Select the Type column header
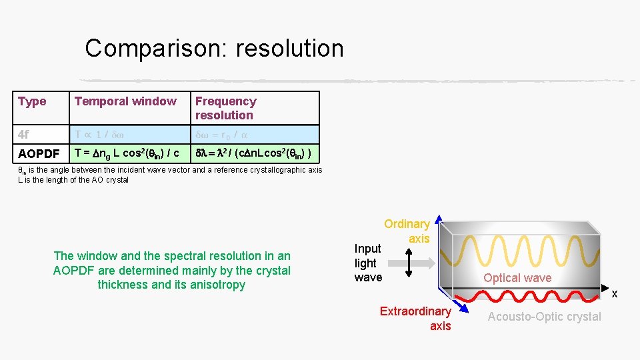tap(32, 101)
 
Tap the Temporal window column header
tap(125, 101)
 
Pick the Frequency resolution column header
tap(225, 108)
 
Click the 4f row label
tap(24, 134)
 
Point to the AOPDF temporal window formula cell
tap(127, 153)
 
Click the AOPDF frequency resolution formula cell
tap(252, 153)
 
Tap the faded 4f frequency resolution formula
tap(221, 134)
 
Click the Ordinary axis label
tap(407, 231)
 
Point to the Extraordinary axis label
tap(416, 318)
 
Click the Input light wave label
tap(368, 263)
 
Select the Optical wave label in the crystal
tap(517, 278)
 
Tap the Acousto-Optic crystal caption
tap(544, 317)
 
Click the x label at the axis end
tap(615, 293)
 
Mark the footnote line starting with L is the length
tap(73, 179)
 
